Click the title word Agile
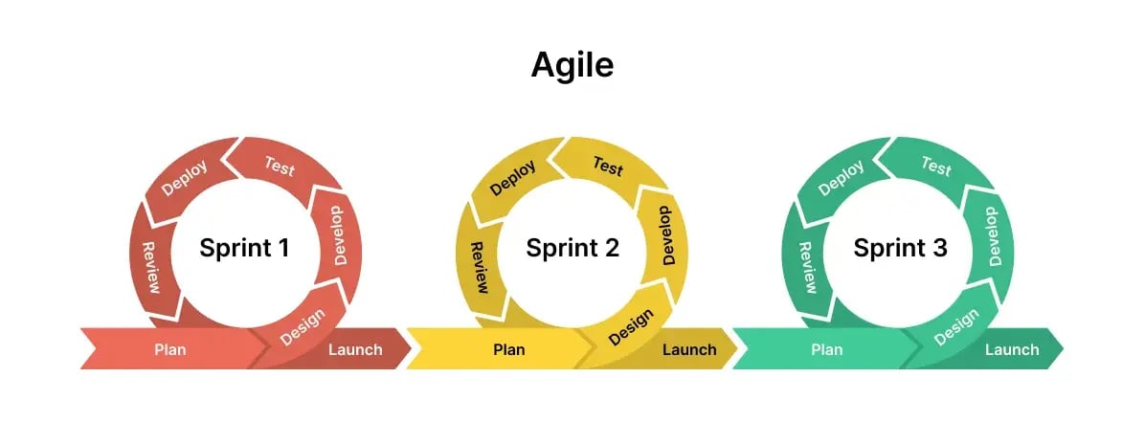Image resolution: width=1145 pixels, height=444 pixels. point(572,65)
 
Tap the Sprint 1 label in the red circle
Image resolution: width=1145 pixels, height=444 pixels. point(244,249)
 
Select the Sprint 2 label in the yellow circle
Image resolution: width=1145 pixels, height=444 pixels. point(572,249)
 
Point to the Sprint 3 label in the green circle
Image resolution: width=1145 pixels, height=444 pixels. point(900,249)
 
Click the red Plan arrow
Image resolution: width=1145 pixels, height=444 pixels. point(170,349)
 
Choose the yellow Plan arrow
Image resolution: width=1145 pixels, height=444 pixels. point(508,349)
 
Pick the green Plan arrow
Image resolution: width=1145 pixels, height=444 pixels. point(826,349)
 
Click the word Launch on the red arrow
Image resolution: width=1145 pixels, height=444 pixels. point(355,350)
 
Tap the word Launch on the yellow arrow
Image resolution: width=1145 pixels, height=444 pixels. point(689,350)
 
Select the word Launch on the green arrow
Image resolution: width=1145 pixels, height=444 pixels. point(1012,350)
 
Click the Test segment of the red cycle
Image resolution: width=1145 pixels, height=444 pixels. point(279,166)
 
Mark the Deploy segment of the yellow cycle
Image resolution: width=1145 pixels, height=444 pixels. point(513,178)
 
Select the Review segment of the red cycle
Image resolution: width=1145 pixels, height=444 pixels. point(151,267)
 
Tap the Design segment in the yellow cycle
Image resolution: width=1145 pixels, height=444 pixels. point(631,326)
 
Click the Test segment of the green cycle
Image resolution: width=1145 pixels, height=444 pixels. point(935,166)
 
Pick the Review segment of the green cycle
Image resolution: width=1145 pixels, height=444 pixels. point(806,267)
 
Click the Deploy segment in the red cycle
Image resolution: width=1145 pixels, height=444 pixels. point(185,178)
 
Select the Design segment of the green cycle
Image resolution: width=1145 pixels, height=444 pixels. point(955,326)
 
